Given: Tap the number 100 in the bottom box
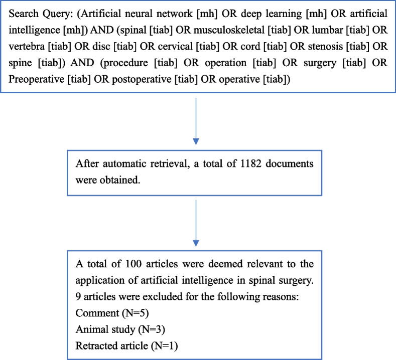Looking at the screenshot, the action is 134,264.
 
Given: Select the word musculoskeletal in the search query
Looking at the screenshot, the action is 229,30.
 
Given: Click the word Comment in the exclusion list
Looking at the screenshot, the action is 97,313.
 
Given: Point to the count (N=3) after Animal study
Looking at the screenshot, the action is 152,329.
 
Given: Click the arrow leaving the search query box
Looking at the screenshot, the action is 196,121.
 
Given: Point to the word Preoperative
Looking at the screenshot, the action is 36,79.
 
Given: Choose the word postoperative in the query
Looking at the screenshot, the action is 142,79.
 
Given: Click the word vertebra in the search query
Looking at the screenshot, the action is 27,47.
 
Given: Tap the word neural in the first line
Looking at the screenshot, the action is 139,14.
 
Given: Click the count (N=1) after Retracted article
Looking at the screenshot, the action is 165,346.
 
